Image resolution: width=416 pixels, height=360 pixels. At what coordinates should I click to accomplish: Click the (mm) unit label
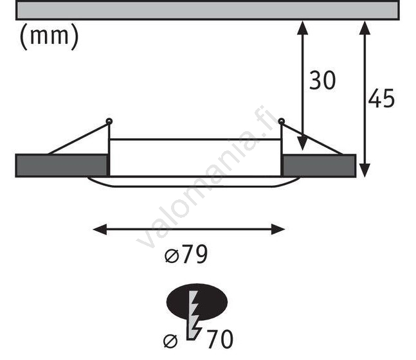click(x=50, y=36)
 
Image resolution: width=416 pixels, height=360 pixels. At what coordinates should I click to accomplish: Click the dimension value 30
click(x=322, y=80)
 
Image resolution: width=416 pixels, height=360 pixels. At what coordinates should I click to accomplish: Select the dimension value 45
click(x=381, y=98)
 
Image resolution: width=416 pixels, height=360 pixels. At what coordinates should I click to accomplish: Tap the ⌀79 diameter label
click(x=186, y=254)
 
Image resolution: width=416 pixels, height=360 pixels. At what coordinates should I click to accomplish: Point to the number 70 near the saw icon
click(x=220, y=339)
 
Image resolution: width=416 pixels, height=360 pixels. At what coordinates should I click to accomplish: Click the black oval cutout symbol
click(x=197, y=302)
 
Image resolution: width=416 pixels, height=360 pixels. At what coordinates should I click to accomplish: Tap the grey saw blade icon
click(x=194, y=315)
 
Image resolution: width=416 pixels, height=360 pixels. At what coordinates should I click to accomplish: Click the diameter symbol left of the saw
click(x=170, y=341)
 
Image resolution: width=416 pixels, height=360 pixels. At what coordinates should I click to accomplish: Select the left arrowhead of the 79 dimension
click(x=100, y=230)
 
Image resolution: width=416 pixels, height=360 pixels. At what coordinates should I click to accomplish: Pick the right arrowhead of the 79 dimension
click(x=278, y=230)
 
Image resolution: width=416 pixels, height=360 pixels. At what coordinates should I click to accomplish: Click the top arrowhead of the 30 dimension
click(x=302, y=28)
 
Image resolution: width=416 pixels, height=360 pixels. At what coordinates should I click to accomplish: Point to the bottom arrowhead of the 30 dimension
click(x=302, y=143)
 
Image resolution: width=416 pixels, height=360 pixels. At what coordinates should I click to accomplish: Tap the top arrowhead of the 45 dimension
click(x=365, y=28)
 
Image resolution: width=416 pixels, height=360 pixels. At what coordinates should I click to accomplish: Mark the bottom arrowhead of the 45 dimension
click(x=365, y=170)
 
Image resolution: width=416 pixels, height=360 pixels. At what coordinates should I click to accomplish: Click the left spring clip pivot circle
click(x=109, y=122)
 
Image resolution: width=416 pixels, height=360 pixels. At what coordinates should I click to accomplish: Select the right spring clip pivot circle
click(x=282, y=122)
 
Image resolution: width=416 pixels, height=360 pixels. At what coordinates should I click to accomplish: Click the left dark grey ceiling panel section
click(x=62, y=166)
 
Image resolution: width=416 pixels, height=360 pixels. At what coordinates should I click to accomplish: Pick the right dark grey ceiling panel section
click(x=319, y=166)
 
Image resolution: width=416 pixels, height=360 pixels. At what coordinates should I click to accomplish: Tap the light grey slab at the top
click(x=208, y=10)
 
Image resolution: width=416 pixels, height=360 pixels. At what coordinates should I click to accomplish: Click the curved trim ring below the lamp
click(x=194, y=182)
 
